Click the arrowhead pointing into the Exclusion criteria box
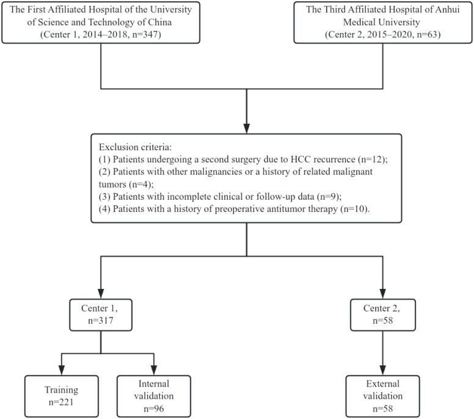246,129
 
